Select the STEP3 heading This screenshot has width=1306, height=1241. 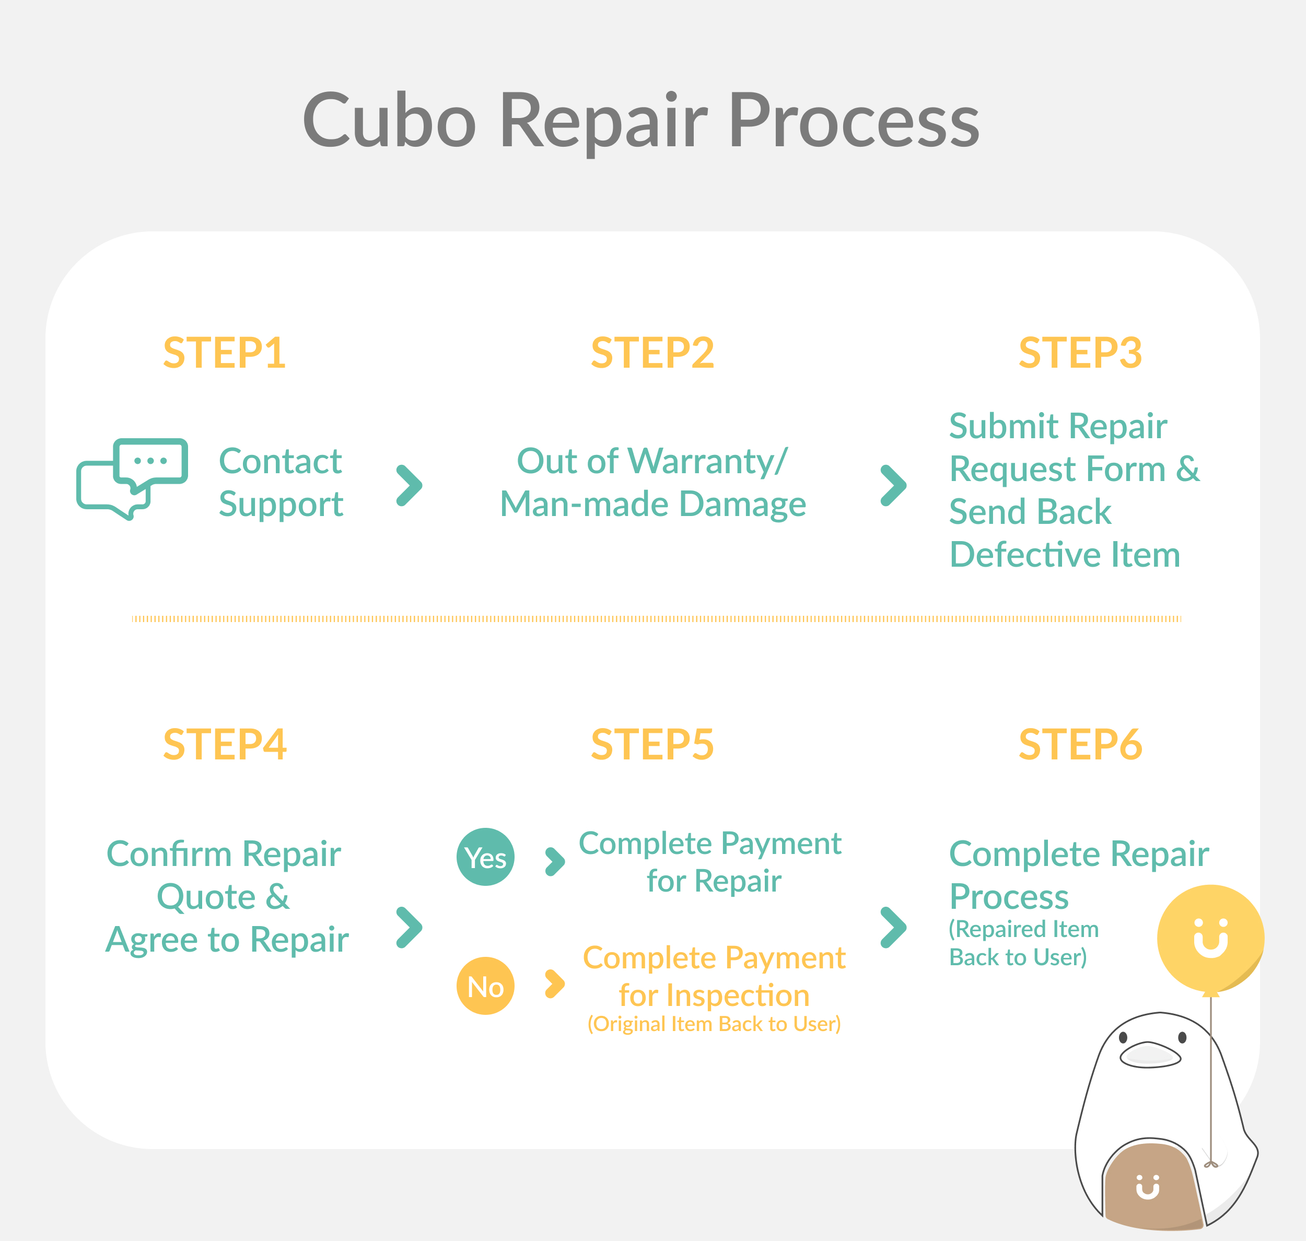click(x=1080, y=353)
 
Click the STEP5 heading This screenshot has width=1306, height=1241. click(x=652, y=744)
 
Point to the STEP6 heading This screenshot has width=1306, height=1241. click(x=1080, y=744)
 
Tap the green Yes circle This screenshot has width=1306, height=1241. click(x=486, y=857)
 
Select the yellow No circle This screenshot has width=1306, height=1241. click(x=486, y=986)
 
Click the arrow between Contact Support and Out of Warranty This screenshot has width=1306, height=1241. click(x=409, y=486)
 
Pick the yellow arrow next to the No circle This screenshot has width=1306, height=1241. click(x=554, y=984)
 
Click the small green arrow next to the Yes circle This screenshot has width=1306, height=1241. click(x=554, y=861)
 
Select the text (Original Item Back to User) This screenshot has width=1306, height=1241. click(x=714, y=1024)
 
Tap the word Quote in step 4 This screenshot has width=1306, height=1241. click(x=206, y=897)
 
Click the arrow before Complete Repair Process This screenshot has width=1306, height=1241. click(x=893, y=928)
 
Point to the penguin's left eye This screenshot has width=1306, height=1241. click(x=1123, y=1038)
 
